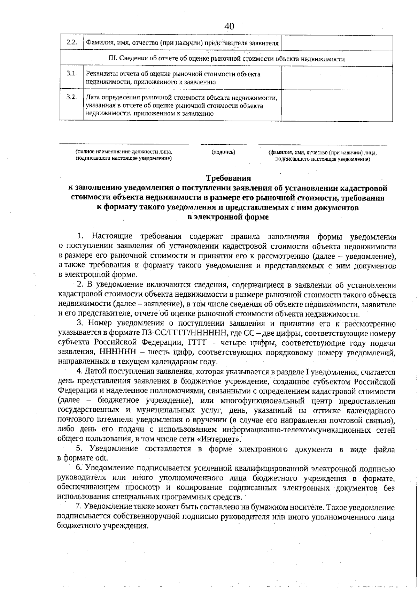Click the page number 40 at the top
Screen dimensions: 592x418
pos(229,26)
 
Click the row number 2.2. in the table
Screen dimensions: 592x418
pos(71,43)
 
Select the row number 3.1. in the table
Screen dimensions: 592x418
pos(71,74)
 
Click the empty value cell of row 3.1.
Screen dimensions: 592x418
pos(337,78)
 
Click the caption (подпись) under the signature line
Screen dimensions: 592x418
pos(223,152)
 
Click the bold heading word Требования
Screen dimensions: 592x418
pos(228,179)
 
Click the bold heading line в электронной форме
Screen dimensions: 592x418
pos(228,218)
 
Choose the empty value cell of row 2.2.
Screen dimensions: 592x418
pos(337,43)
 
